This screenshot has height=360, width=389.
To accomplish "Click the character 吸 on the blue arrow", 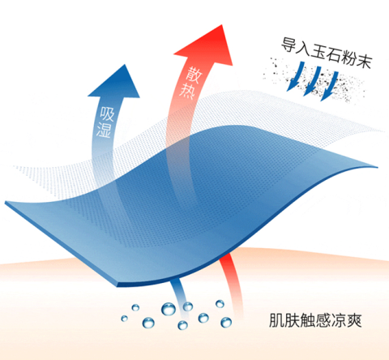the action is [x=107, y=114].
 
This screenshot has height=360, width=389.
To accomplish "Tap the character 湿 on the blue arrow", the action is [x=104, y=131].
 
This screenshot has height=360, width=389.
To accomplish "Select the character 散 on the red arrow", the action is [x=194, y=75].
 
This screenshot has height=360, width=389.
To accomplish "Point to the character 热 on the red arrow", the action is [x=187, y=91].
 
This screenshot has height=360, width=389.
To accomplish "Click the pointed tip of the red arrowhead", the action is [x=222, y=25].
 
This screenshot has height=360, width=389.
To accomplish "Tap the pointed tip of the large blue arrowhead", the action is [x=125, y=65].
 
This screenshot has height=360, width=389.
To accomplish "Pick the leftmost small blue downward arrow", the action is [x=295, y=76].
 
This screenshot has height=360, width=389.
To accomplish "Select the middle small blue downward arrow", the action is [x=312, y=81].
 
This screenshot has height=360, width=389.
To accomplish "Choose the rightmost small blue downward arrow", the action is [x=329, y=86].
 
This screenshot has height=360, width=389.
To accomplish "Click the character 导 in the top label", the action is [x=289, y=45].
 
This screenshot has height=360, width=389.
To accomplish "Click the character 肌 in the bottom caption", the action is [x=277, y=320].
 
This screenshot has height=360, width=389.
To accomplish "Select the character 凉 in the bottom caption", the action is [x=339, y=320].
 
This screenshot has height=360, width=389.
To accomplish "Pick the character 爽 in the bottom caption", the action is [x=354, y=320].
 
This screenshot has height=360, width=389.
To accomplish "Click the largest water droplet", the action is [x=169, y=309].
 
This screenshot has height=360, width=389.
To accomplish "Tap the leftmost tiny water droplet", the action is [x=124, y=319].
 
